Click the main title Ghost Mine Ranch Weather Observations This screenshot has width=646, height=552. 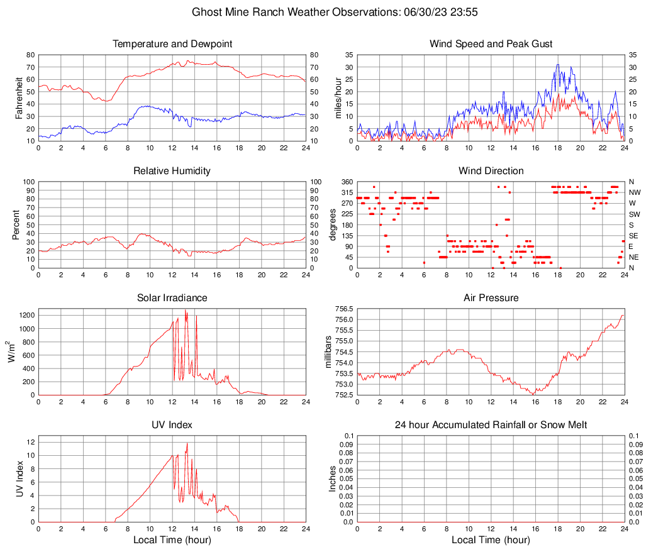point(323,12)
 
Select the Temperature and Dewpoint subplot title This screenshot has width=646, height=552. point(172,44)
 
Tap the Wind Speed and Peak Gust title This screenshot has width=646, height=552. point(491,44)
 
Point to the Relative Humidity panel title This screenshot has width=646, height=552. point(172,171)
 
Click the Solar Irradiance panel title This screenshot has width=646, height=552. point(172,298)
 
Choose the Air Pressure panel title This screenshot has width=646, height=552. point(491,298)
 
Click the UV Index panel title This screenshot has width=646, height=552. point(172,425)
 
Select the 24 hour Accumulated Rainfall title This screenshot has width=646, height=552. point(491,425)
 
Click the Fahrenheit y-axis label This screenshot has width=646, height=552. point(19,97)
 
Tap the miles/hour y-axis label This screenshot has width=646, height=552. point(338,97)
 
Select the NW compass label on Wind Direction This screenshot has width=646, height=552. point(634,192)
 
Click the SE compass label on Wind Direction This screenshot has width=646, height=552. point(633,236)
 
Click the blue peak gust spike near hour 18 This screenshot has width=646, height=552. point(557,65)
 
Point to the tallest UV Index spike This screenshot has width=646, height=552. point(187,444)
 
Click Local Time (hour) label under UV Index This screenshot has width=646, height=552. point(172,540)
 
